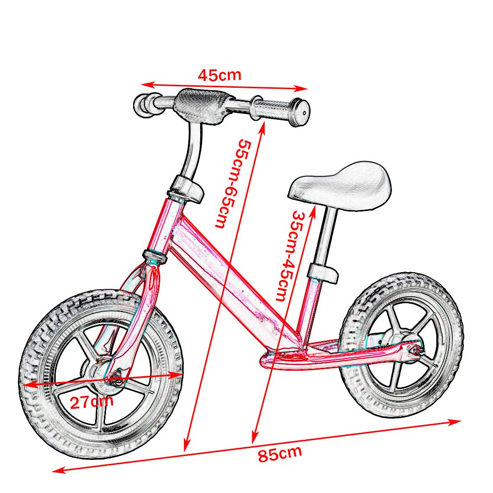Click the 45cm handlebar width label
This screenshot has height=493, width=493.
(x=219, y=75)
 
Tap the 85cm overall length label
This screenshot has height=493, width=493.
(x=280, y=453)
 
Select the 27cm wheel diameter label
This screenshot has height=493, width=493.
(x=91, y=401)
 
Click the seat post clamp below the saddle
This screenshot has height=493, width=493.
(x=323, y=272)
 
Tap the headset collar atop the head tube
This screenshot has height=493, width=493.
(x=186, y=190)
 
